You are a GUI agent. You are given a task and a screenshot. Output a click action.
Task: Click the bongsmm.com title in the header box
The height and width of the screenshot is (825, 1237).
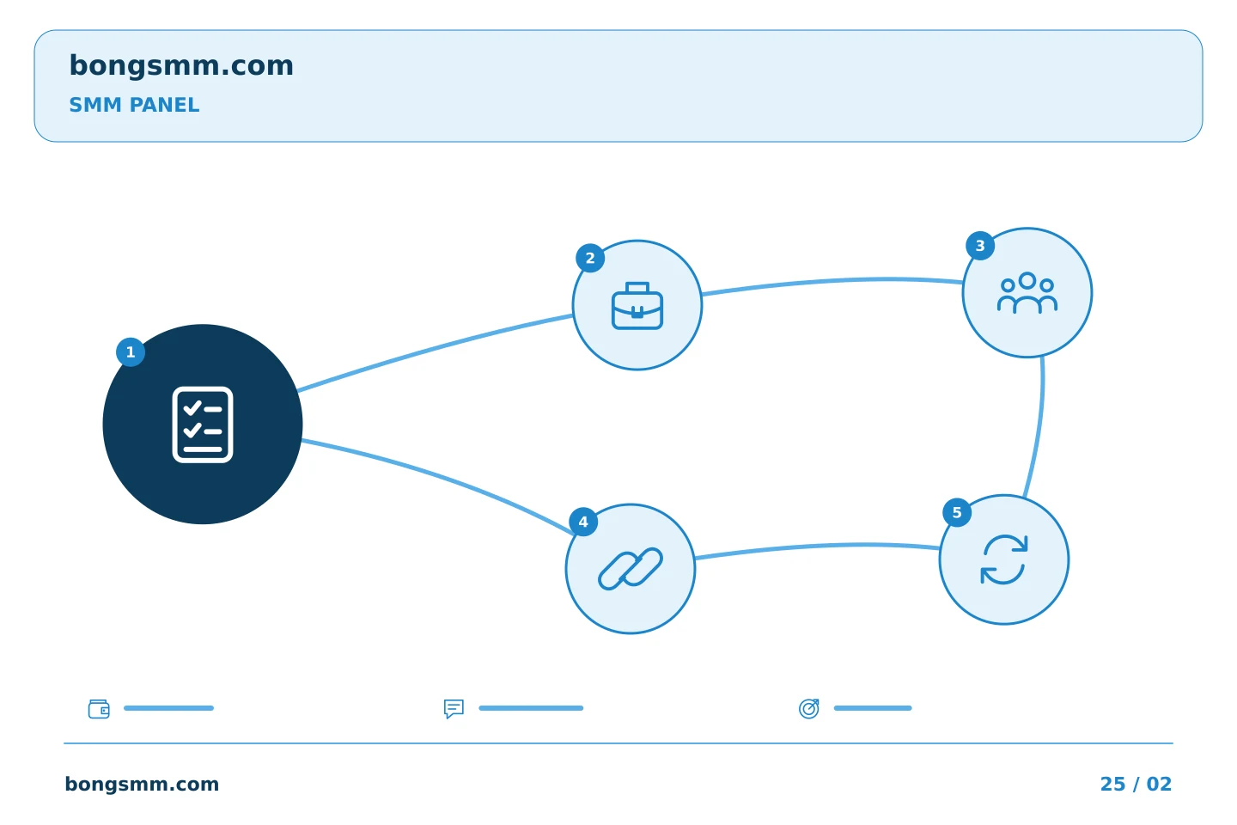coord(181,66)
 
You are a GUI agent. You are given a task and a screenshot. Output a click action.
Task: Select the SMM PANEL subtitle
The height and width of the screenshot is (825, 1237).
coord(134,105)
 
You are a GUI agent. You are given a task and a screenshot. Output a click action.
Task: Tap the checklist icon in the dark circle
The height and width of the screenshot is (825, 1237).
coord(203,425)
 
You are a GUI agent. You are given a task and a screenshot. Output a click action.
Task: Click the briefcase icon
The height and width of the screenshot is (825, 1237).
coord(637,306)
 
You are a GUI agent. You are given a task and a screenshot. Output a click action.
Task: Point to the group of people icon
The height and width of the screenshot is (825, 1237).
coord(1027,293)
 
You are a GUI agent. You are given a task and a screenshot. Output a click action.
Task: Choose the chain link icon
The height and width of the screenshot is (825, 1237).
coord(631,569)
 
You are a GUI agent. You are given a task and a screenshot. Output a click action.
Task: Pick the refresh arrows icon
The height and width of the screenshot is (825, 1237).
coord(1004,559)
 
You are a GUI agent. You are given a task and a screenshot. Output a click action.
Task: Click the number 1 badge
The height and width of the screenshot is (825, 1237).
coord(131,352)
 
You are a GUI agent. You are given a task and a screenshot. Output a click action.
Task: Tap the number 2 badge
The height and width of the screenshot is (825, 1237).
coord(590,258)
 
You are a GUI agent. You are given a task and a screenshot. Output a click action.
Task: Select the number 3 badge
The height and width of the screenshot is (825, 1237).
coord(980,246)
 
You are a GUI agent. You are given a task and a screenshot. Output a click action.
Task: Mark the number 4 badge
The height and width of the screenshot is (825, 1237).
coord(583,522)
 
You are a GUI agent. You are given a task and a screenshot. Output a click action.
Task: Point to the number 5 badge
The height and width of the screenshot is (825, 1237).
coord(957,513)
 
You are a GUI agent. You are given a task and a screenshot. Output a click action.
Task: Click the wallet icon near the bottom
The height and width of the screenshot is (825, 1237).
coord(99,709)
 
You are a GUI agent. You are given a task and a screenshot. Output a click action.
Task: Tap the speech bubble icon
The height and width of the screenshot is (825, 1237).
coord(454,709)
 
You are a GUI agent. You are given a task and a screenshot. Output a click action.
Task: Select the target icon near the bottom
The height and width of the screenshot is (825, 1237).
coord(809,708)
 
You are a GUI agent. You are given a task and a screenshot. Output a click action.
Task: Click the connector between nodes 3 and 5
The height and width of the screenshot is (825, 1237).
coord(1039,428)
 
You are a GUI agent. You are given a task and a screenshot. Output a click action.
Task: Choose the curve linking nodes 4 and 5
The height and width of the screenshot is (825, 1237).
coord(817,547)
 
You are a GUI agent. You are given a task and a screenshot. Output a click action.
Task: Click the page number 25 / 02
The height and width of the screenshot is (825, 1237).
coord(1136,784)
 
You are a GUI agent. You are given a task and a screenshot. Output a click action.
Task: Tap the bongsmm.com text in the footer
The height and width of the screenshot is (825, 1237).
coord(142,784)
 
